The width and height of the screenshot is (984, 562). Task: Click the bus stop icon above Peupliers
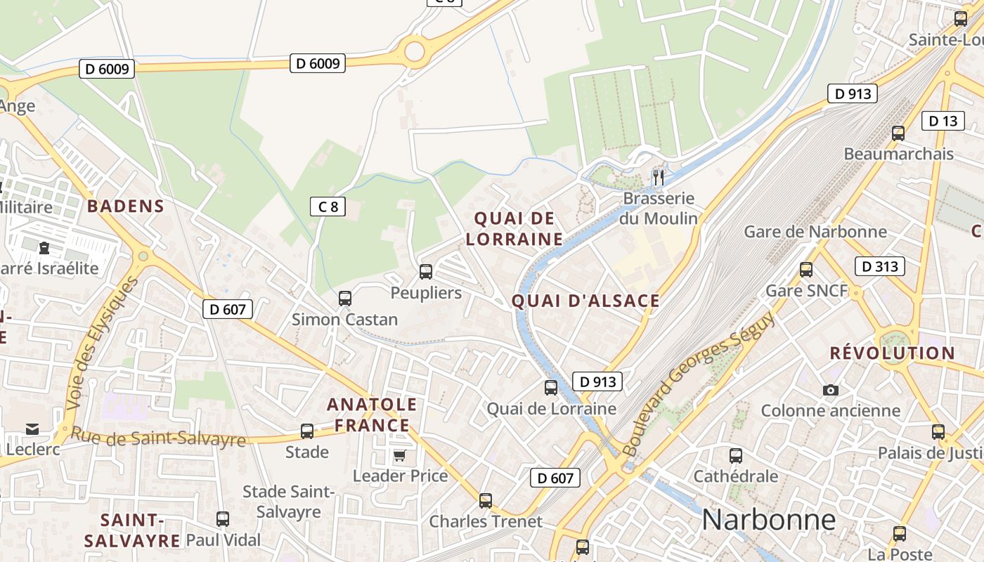tap(425, 271)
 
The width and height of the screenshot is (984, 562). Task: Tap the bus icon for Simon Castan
tap(344, 298)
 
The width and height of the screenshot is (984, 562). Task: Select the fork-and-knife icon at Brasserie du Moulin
tap(658, 177)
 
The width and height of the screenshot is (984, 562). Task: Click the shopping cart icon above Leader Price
tap(400, 455)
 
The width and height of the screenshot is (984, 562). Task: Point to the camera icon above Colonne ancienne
tap(830, 390)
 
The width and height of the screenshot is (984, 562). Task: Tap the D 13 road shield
tap(943, 121)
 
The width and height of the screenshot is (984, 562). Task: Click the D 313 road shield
tap(879, 266)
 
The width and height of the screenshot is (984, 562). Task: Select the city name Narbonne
tap(768, 521)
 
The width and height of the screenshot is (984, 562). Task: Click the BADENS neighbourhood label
tap(125, 207)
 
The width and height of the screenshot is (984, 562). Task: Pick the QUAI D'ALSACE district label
tap(585, 301)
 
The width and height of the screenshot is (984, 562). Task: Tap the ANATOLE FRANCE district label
tap(372, 414)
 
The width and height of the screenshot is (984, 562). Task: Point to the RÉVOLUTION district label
tap(892, 353)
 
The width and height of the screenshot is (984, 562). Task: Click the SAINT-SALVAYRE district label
tap(132, 530)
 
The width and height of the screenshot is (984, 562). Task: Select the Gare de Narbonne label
tap(815, 231)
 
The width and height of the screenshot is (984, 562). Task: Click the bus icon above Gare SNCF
tap(806, 269)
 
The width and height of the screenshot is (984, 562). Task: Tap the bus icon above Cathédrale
tap(736, 456)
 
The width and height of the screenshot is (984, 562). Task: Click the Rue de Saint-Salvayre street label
tap(158, 438)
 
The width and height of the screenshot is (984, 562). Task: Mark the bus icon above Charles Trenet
tap(485, 501)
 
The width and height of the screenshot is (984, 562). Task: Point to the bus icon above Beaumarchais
tap(898, 133)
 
